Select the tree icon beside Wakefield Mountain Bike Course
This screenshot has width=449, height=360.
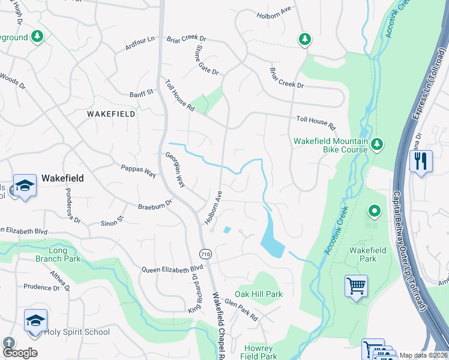(377, 144)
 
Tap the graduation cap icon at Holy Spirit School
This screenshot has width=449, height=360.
(35, 320)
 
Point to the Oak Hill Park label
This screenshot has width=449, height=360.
(258, 295)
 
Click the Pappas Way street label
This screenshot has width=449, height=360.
(138, 170)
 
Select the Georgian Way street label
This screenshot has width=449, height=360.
(175, 170)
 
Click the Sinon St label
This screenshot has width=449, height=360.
(112, 220)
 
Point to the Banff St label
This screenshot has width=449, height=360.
(142, 93)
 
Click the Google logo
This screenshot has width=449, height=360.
(20, 353)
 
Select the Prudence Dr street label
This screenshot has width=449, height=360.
(42, 287)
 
